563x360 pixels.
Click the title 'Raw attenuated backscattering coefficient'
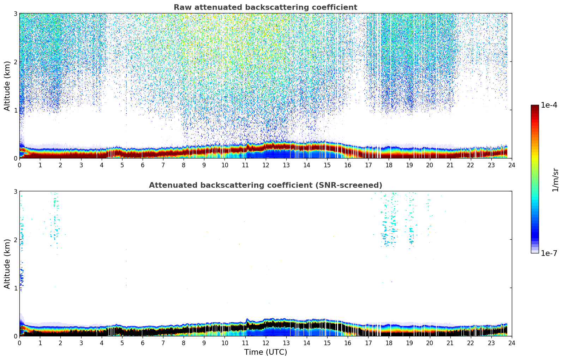265,7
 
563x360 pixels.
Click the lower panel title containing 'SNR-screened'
265,185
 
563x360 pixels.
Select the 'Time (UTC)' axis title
265,352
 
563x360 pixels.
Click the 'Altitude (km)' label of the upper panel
7,86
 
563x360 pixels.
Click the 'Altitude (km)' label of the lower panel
7,264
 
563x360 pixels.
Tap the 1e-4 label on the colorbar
549,105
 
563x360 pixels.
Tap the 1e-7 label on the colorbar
549,253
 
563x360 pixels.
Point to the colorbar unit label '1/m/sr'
556,180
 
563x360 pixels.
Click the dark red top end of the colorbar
535,107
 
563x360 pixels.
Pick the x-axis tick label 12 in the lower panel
265,343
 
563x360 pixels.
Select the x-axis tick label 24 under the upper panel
511,165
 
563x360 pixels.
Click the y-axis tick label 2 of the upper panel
15,62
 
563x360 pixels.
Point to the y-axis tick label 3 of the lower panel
15,192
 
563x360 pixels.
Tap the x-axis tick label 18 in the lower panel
389,343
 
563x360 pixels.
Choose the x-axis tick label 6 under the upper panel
143,165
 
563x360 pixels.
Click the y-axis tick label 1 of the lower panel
15,288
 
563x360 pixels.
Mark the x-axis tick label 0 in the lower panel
19,343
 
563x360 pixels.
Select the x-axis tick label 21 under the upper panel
450,165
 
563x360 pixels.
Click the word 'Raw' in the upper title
181,7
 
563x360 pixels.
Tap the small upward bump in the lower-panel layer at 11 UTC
247,320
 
